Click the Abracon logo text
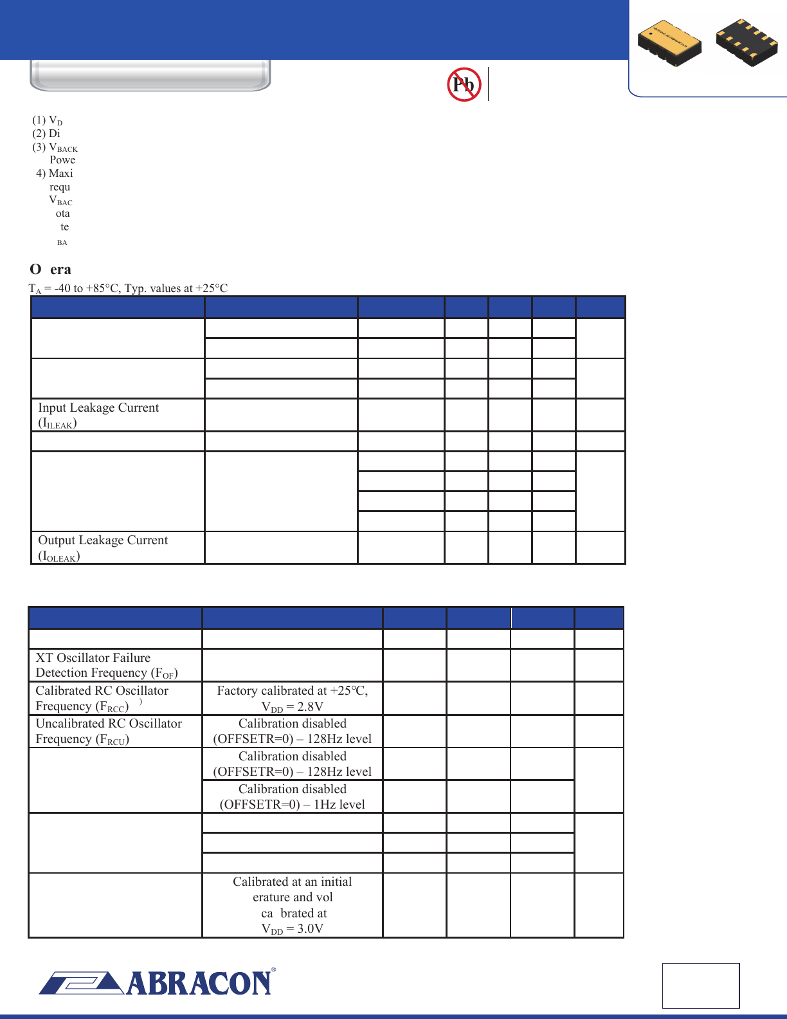point(199,983)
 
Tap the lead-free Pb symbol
point(464,84)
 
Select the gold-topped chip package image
point(669,43)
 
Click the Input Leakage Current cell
point(118,415)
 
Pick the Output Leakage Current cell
point(118,548)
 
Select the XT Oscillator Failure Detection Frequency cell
point(115,665)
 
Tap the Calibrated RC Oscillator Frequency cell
point(115,698)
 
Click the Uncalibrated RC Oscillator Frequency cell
point(115,731)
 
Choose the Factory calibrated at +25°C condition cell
point(293,691)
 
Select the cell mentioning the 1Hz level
point(293,797)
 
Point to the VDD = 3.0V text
point(293,929)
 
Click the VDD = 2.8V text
point(293,706)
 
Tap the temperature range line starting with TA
point(129,288)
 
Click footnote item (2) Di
point(46,133)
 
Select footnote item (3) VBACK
point(55,147)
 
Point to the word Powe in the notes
point(62,160)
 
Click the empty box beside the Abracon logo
point(701,986)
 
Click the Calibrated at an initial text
point(293,882)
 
